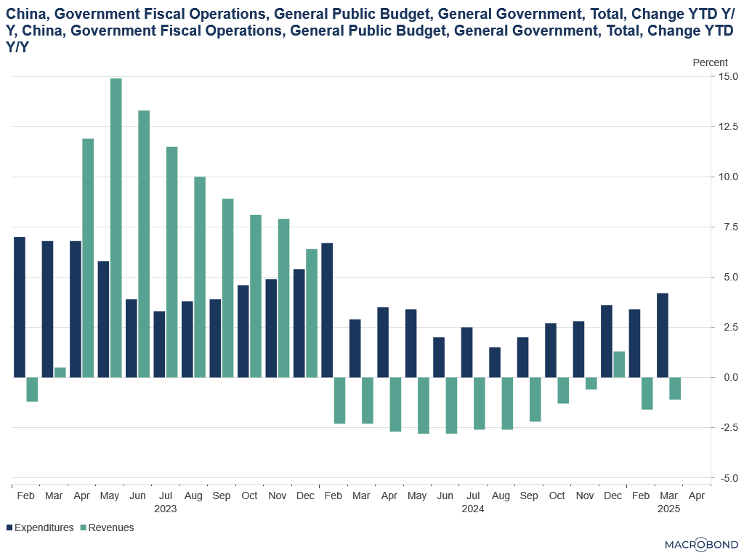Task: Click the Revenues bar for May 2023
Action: [116, 227]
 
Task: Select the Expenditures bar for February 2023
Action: [20, 307]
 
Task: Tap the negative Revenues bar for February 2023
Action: [32, 389]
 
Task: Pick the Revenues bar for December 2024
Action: [619, 365]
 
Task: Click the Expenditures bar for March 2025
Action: [663, 335]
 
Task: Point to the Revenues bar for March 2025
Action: [675, 388]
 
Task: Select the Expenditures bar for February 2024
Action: [327, 310]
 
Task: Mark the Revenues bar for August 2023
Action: [200, 277]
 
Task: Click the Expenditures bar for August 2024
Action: [495, 363]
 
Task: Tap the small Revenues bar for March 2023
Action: [60, 373]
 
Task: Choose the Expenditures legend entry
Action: [40, 527]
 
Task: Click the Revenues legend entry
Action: [108, 527]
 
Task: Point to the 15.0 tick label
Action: [728, 76]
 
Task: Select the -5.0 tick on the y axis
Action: [728, 478]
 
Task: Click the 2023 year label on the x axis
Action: [165, 509]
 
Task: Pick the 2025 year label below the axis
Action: [668, 509]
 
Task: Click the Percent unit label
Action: [710, 62]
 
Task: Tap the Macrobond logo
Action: [701, 545]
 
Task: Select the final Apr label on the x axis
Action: [697, 496]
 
